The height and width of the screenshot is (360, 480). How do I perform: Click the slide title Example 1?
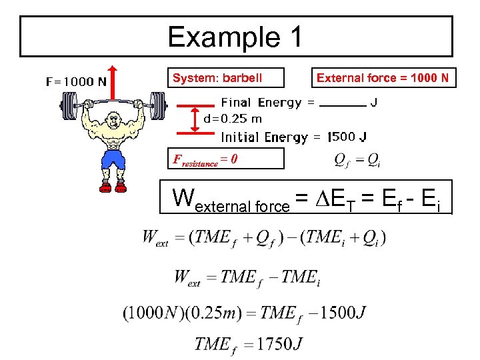click(x=235, y=37)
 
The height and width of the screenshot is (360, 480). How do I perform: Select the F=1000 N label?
click(x=76, y=82)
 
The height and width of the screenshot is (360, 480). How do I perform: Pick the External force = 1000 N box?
click(x=383, y=78)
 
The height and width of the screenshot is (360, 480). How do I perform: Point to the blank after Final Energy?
click(x=343, y=104)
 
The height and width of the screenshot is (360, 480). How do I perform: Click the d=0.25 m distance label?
click(x=233, y=119)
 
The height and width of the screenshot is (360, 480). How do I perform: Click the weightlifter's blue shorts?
click(x=114, y=159)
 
